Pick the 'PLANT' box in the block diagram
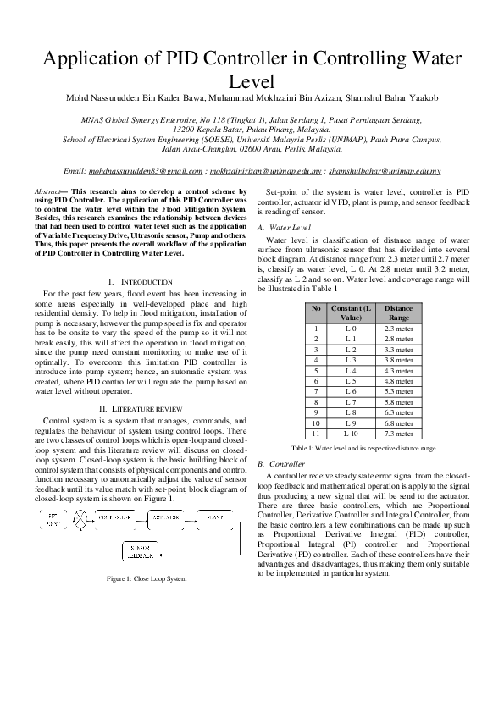click(215, 516)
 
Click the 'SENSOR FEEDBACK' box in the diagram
click(140, 551)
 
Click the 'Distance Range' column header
click(398, 313)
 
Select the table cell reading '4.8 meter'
click(398, 381)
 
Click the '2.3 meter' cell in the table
click(398, 329)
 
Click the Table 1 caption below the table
click(363, 447)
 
